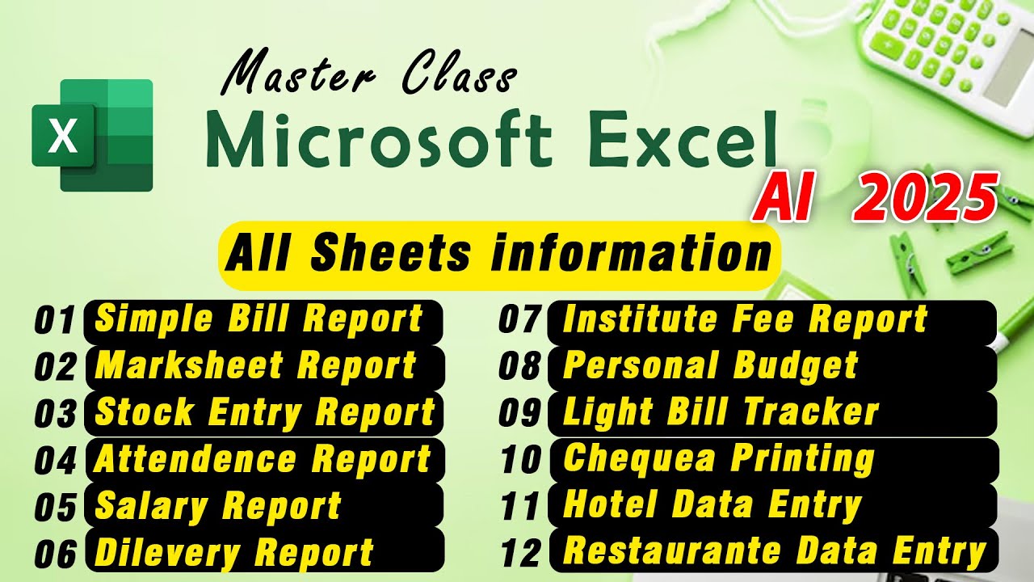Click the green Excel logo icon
92,135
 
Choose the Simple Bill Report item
260,320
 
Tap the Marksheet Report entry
257,366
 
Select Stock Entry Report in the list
265,412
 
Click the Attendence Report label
263,459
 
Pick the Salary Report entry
218,506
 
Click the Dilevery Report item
234,552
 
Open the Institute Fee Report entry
745,320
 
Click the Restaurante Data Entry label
774,552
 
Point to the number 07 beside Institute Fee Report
519,320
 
